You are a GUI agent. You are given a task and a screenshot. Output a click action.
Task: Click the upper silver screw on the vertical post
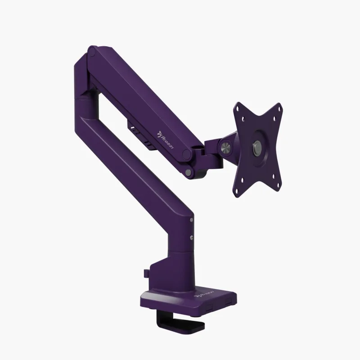[x=192, y=220]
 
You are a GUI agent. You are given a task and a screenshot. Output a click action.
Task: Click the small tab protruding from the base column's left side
[x=145, y=273]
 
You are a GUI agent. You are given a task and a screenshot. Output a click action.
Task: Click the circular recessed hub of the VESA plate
[x=257, y=147]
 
